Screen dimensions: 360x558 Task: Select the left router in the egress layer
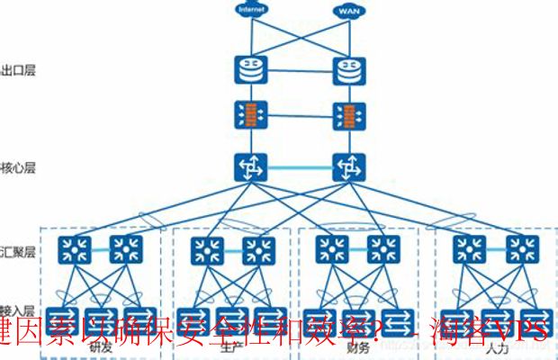(x=247, y=68)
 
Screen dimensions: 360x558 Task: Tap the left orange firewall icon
(x=247, y=115)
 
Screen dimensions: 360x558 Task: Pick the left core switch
(x=247, y=166)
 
